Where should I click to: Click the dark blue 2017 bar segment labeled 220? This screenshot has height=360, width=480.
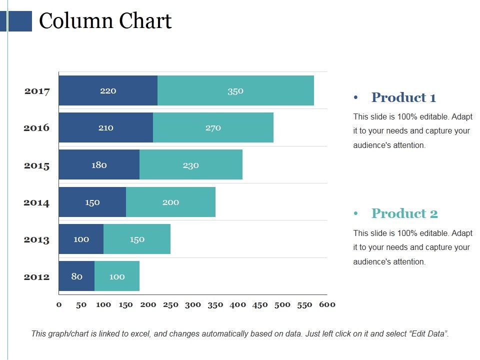(x=108, y=90)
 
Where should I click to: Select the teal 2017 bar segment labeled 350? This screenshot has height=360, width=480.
(x=235, y=90)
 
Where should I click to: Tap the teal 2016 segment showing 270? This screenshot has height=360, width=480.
(x=213, y=127)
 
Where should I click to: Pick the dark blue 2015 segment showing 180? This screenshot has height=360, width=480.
(x=99, y=164)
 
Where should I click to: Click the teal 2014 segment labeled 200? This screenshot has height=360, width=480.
(x=170, y=202)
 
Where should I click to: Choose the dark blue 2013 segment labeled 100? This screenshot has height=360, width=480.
(x=81, y=239)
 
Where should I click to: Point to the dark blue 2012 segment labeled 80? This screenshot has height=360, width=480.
(x=76, y=276)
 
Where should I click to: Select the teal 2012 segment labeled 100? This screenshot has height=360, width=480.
(x=117, y=276)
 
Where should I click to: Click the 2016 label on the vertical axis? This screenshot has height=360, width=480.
(x=37, y=127)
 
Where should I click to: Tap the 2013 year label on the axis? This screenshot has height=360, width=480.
(x=37, y=239)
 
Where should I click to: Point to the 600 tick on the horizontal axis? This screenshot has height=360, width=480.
(x=327, y=304)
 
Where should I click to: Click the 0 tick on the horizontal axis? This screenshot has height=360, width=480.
(x=59, y=304)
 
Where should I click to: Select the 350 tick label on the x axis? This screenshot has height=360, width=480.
(x=215, y=304)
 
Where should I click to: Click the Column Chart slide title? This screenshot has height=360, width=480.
(x=105, y=21)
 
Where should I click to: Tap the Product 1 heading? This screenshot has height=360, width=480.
(x=403, y=97)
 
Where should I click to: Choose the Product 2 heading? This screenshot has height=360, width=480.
(x=404, y=213)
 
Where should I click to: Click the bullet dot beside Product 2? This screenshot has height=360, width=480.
(x=356, y=214)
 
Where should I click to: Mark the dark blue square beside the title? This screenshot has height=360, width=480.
(x=20, y=21)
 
